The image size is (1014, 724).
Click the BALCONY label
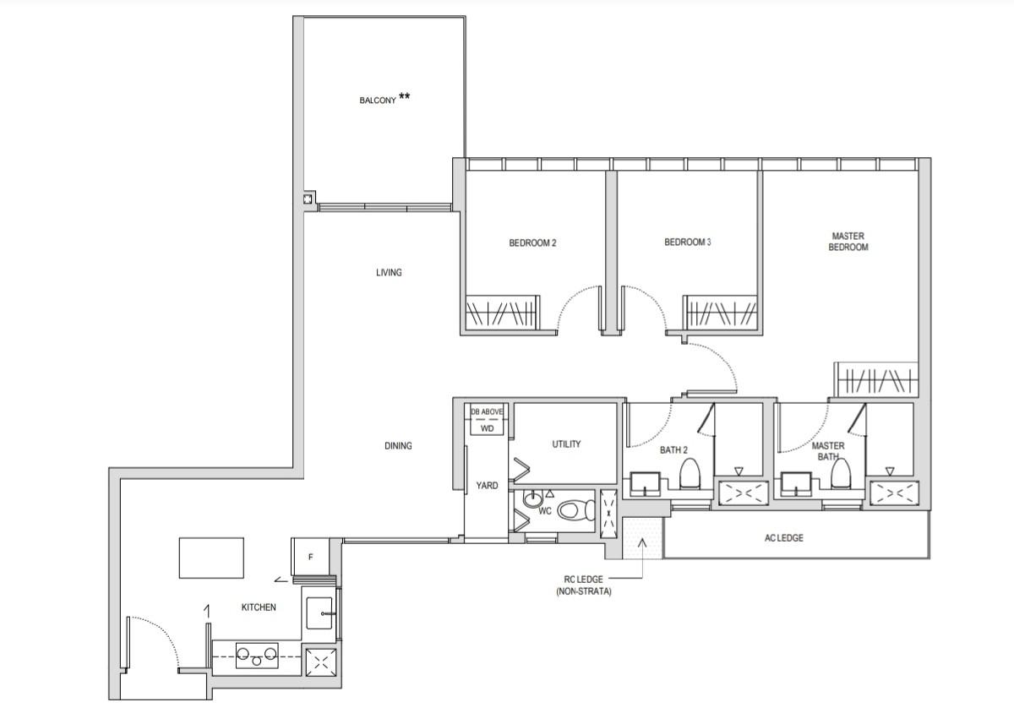(x=379, y=100)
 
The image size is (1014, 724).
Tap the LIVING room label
(x=389, y=273)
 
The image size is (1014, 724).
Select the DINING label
(x=397, y=445)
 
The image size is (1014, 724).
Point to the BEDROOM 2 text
(x=532, y=243)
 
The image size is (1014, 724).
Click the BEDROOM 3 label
(x=687, y=242)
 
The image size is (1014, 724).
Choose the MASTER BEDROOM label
(x=849, y=242)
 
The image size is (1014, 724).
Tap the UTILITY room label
(x=566, y=444)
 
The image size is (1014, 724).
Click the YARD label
(x=487, y=486)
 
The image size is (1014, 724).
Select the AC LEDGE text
(x=783, y=538)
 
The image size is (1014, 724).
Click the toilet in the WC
(x=576, y=510)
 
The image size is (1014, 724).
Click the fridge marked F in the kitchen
(x=310, y=557)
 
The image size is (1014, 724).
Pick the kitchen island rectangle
(x=211, y=558)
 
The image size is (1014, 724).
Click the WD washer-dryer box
(x=487, y=428)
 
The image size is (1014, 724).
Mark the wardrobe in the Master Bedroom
(x=875, y=380)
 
